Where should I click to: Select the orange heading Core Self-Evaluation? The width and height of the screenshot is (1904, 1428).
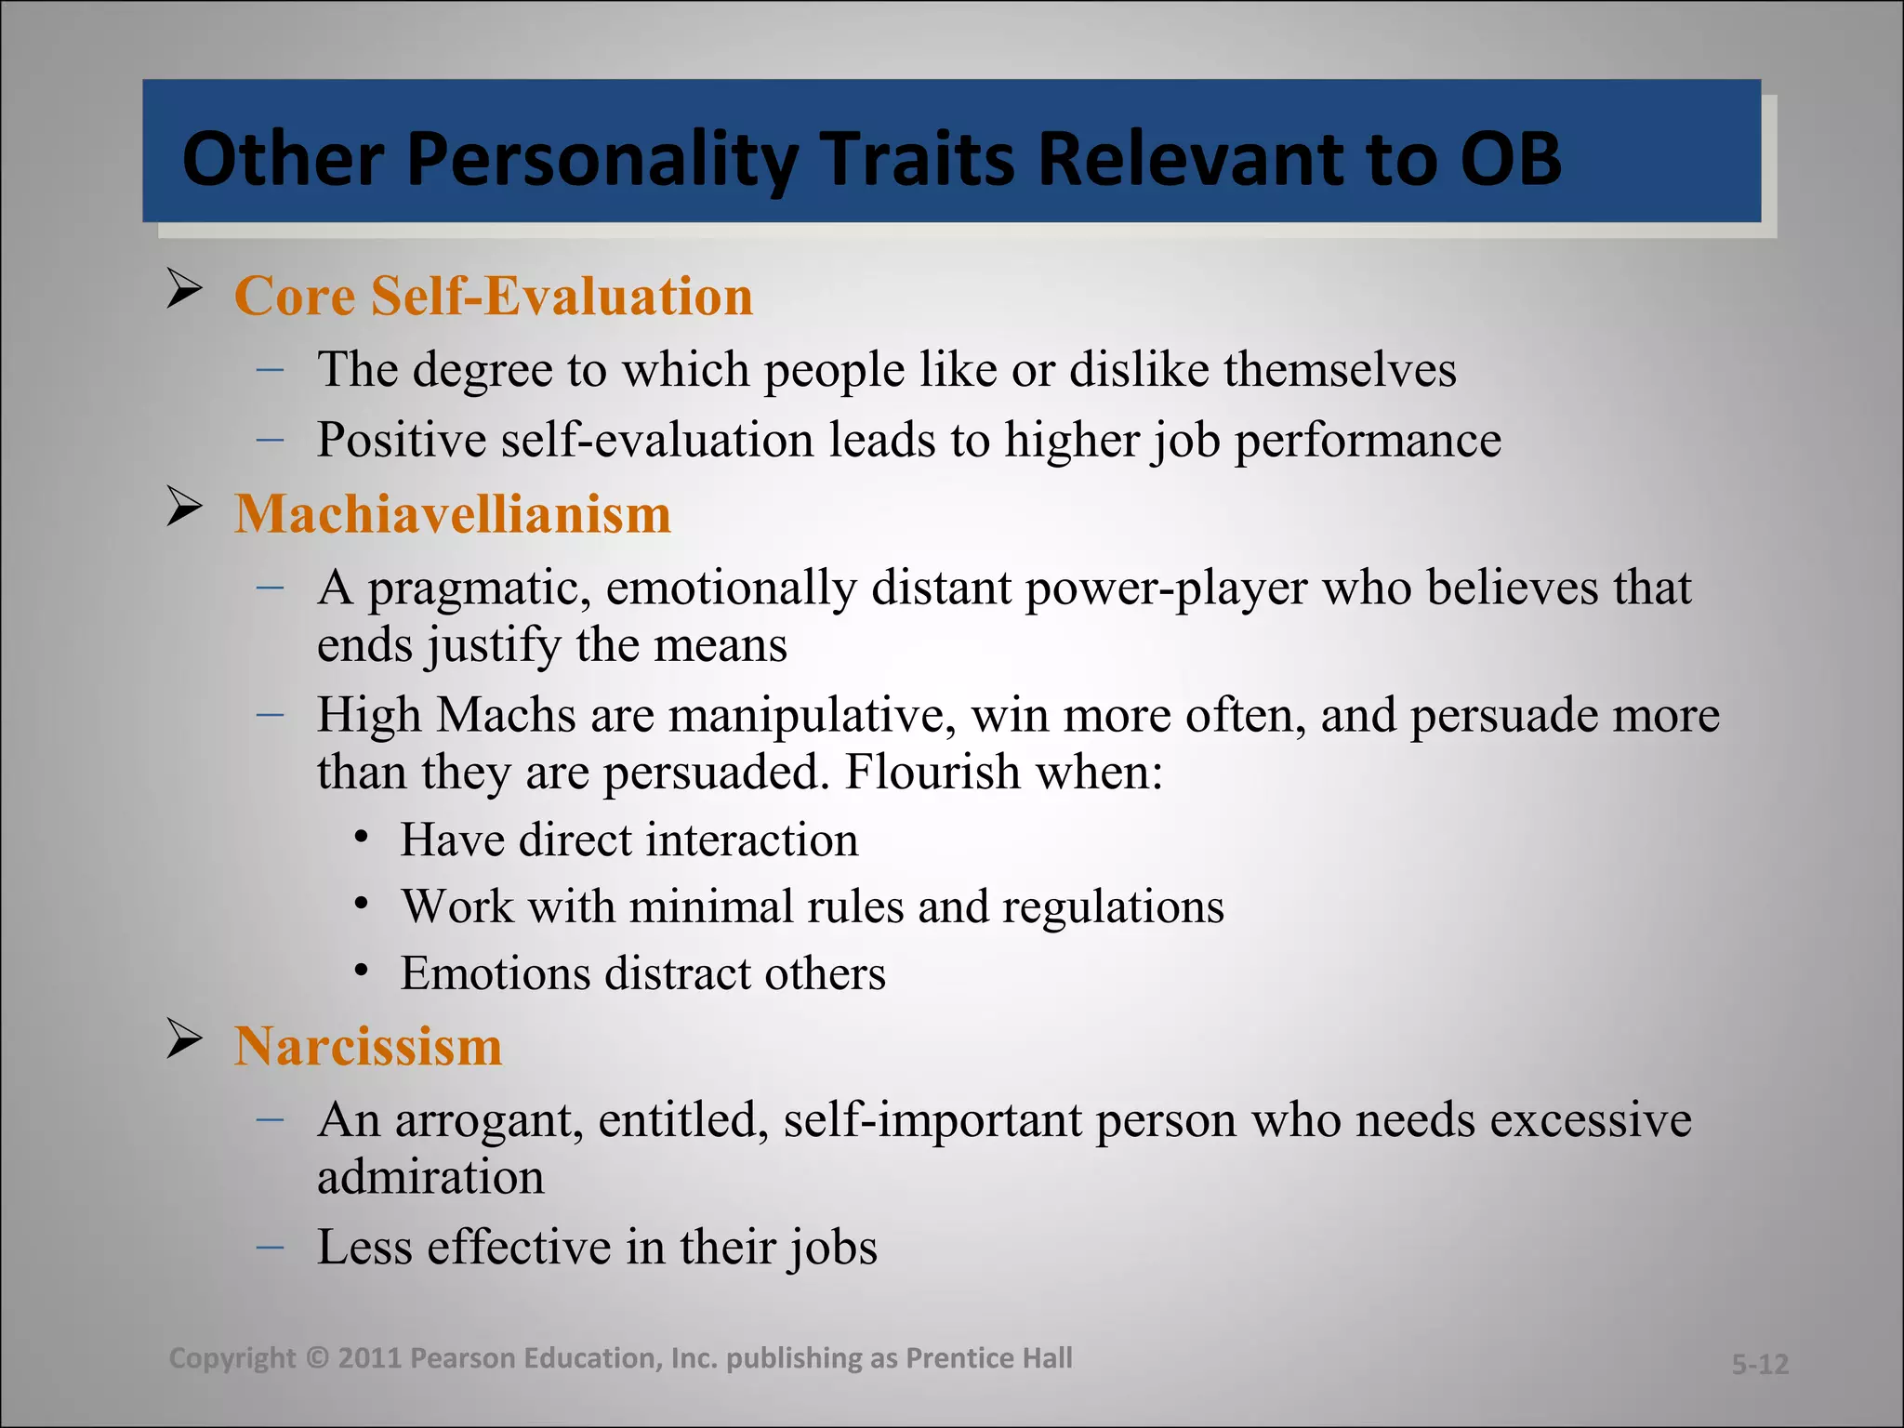coord(494,297)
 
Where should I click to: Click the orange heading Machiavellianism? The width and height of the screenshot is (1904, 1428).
coord(453,514)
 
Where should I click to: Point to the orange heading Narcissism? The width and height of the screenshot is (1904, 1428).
coord(368,1047)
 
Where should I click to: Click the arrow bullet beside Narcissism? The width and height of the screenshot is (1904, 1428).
coord(185,1039)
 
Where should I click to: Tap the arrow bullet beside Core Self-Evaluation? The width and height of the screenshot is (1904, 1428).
coord(185,289)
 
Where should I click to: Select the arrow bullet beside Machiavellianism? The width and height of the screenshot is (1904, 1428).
coord(185,508)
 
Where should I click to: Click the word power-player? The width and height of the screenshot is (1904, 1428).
coord(1166,588)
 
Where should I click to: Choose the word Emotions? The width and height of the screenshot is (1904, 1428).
coord(496,974)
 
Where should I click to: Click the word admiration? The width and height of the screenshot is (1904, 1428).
coord(430,1177)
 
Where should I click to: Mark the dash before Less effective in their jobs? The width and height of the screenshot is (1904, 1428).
coord(271,1245)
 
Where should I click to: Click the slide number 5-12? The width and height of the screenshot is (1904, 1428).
coord(1759,1364)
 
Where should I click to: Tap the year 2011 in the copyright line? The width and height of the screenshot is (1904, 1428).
coord(369,1358)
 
